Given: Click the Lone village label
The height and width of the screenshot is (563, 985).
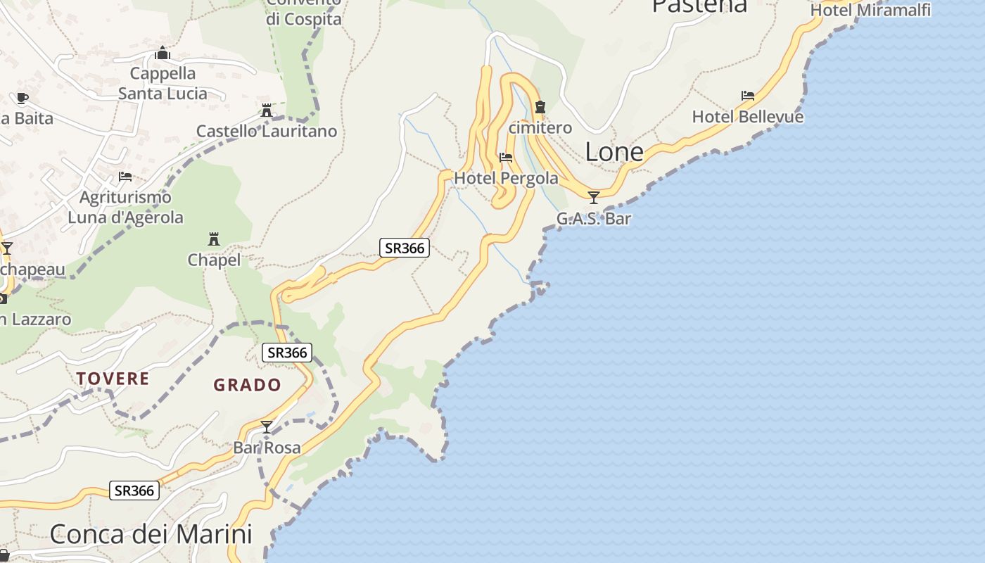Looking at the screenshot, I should click(x=614, y=152).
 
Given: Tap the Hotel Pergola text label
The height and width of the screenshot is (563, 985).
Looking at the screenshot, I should click(x=506, y=179).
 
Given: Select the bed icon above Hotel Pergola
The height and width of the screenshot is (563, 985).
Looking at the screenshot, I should click(x=505, y=158).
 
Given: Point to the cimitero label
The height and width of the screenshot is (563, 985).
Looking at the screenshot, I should click(x=540, y=128).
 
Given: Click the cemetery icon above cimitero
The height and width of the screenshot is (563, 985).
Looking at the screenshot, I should click(x=540, y=107).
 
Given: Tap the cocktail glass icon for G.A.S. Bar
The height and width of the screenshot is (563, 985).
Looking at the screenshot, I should click(x=594, y=197).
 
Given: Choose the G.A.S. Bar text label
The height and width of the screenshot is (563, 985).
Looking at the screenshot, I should click(x=594, y=219).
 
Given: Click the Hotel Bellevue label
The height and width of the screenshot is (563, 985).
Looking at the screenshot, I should click(x=747, y=117).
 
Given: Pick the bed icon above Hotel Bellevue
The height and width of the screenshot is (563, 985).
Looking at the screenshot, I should click(x=747, y=96).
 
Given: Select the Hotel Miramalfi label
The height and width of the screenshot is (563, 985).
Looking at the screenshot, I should click(x=870, y=10).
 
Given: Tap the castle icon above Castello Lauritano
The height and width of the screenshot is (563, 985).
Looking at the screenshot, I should click(x=267, y=110).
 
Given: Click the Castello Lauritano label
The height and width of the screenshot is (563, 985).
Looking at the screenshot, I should click(x=267, y=132).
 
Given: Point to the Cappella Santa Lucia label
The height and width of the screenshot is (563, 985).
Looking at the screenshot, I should click(x=163, y=83).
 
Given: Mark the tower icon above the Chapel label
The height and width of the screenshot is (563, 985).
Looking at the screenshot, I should click(x=214, y=239).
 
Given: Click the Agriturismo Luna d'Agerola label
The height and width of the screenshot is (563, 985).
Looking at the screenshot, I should click(x=125, y=208).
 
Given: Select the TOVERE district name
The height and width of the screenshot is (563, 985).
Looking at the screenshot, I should click(x=113, y=379).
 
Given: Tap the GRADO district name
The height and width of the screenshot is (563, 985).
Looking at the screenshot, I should click(x=247, y=385).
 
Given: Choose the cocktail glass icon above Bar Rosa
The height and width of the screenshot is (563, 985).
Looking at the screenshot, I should click(x=267, y=426).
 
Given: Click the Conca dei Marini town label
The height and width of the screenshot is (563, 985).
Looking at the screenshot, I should click(x=151, y=534).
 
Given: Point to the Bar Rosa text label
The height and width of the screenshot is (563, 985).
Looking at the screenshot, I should click(x=267, y=448).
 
